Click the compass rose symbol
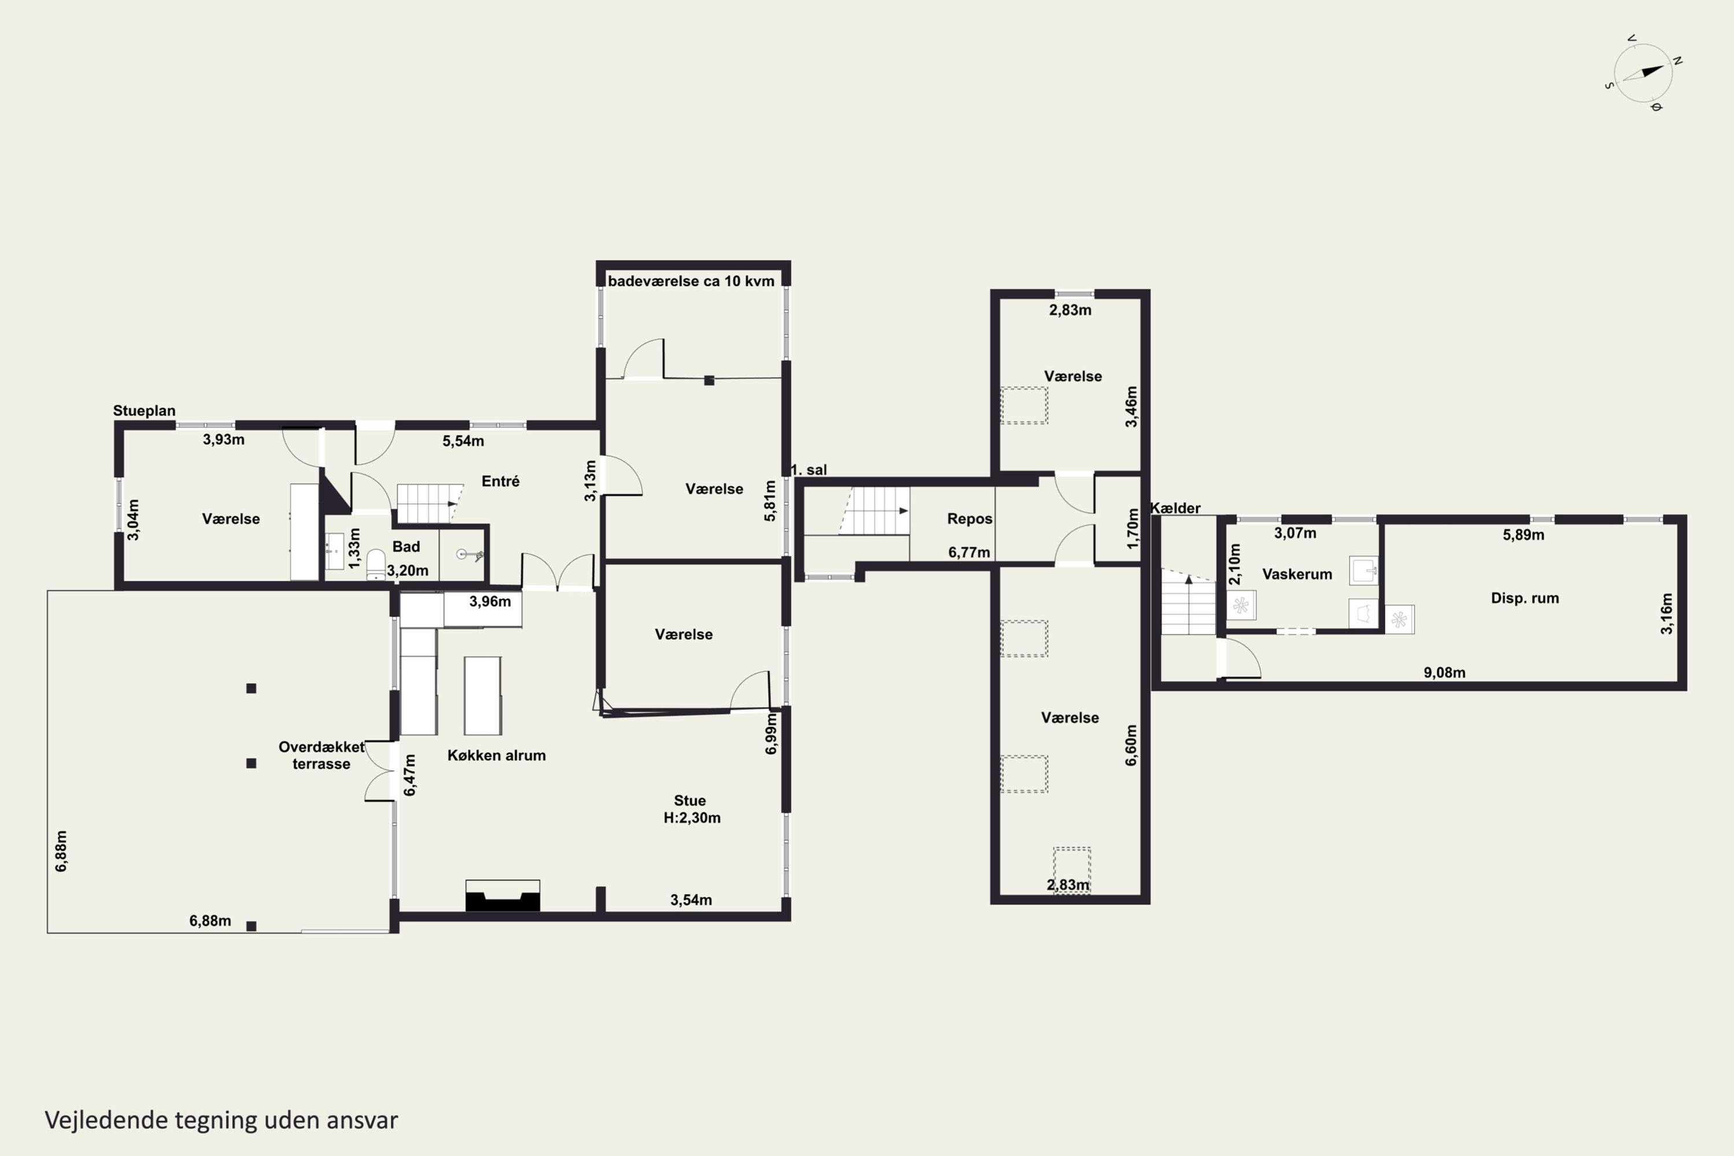tap(1643, 72)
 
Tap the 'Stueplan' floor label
tap(144, 410)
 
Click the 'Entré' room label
tap(501, 481)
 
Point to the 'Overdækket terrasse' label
tap(321, 755)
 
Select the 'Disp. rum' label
tap(1525, 598)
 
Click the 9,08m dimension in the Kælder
tap(1444, 672)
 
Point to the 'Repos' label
tap(969, 519)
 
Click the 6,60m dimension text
tap(1131, 744)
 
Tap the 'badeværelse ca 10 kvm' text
tap(691, 281)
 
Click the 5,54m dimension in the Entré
tap(463, 441)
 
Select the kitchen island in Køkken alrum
tap(483, 695)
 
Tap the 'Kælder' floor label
tap(1175, 508)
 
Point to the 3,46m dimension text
tap(1131, 406)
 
